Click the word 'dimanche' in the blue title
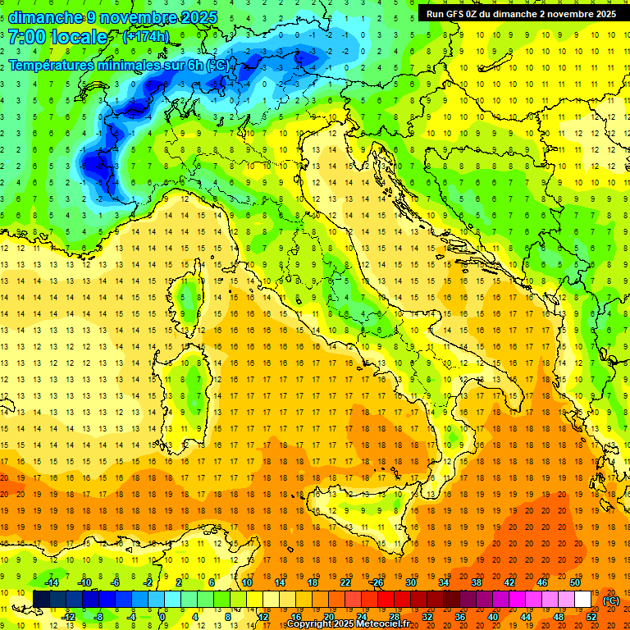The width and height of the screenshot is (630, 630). pos(46,17)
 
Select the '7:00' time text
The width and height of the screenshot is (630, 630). pos(26,37)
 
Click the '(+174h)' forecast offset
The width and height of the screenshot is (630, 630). pos(145,37)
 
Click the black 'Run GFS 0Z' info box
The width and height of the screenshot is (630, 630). pos(522,14)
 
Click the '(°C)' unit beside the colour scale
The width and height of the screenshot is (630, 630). pos(611,600)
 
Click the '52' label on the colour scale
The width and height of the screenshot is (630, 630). pos(591,617)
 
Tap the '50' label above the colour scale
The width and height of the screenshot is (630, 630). pos(575,582)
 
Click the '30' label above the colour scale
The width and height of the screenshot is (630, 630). pos(411,582)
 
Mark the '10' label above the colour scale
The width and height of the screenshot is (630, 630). pos(247,582)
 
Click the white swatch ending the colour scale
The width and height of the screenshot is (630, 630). pos(583,600)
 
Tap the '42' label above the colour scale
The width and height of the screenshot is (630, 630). pos(509,582)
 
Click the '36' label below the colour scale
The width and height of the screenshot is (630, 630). pos(460,617)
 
